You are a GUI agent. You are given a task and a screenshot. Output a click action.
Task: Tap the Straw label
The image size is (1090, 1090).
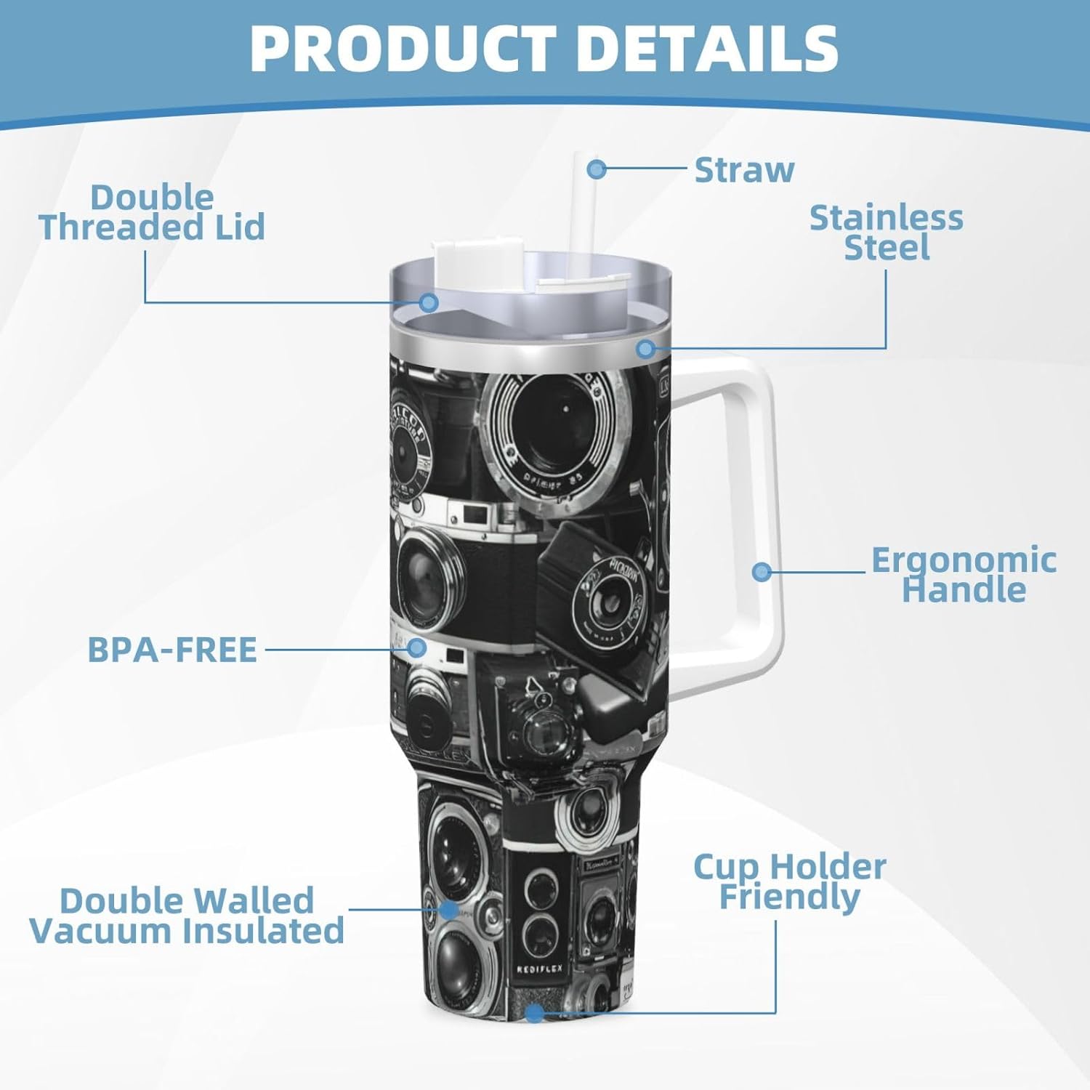tap(744, 170)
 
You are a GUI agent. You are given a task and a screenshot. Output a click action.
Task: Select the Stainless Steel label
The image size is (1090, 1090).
tap(887, 233)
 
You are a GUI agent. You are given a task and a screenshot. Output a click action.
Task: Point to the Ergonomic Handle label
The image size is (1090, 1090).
tap(964, 574)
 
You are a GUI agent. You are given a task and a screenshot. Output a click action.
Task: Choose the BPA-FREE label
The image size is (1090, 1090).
tap(172, 650)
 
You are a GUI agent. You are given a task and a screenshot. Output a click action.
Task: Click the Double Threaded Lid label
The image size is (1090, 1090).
tap(152, 212)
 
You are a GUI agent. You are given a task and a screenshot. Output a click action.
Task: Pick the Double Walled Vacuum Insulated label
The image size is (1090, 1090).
tap(187, 916)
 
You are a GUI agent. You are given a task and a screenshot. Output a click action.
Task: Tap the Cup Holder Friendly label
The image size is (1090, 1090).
tap(790, 881)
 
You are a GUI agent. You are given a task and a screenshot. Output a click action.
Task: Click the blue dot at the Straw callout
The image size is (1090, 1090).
tap(597, 169)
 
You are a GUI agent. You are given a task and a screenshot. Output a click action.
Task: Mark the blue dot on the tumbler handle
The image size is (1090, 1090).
tap(762, 571)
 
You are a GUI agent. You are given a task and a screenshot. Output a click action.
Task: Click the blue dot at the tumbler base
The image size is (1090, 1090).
tap(534, 1012)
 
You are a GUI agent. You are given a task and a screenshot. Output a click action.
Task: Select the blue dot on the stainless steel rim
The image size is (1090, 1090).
tap(645, 349)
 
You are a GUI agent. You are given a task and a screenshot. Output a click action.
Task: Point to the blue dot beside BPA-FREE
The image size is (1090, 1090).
tap(416, 647)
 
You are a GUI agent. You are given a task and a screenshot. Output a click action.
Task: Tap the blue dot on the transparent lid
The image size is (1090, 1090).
tap(429, 302)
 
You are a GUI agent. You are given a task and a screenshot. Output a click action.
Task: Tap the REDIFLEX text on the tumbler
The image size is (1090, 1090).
tap(539, 969)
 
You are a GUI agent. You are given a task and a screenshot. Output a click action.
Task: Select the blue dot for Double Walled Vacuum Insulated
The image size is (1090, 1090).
tap(449, 909)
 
